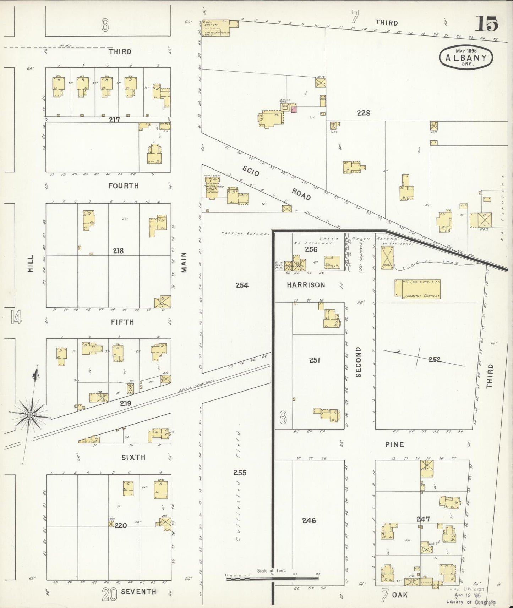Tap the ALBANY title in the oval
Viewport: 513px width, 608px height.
click(x=466, y=57)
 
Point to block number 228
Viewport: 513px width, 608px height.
click(x=364, y=113)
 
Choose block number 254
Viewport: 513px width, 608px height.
click(x=242, y=285)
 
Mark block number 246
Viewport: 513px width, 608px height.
click(x=309, y=520)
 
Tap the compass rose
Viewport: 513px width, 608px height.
click(x=31, y=414)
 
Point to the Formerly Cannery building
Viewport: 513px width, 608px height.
click(x=418, y=288)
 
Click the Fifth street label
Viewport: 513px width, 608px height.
click(x=122, y=322)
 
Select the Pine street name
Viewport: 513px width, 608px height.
click(x=395, y=444)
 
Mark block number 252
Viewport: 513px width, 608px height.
click(x=435, y=360)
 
